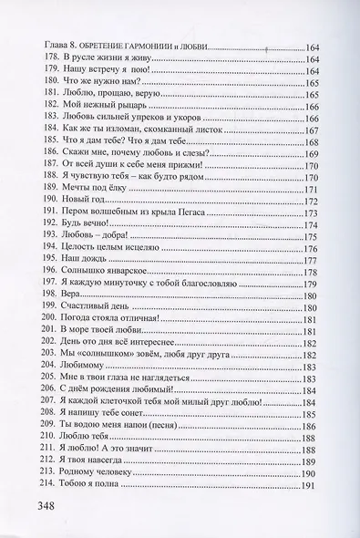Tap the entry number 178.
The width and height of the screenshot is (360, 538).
(41, 60)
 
